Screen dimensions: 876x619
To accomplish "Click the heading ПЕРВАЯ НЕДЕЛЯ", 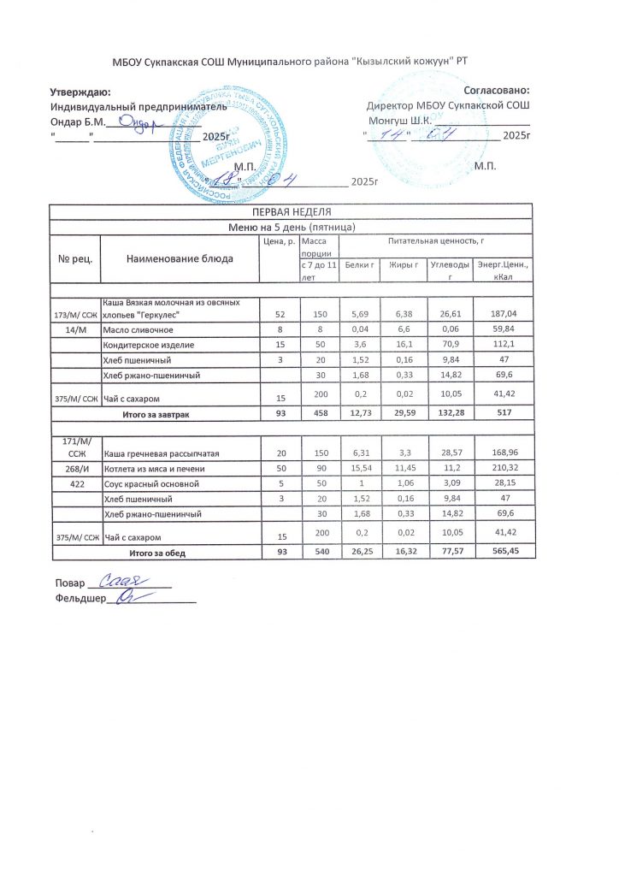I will point(291,211).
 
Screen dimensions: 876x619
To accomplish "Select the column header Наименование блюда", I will point(180,258).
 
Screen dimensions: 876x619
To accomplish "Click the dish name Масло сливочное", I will point(139,329).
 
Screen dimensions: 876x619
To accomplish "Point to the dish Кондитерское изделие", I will point(149,345).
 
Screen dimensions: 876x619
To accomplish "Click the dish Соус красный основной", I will point(150,483).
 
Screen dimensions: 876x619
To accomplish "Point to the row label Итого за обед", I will point(168,553).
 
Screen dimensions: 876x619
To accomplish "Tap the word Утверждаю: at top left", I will point(80,91).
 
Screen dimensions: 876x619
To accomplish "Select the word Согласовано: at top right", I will point(496,90).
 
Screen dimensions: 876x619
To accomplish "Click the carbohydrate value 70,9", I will point(443,345).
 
